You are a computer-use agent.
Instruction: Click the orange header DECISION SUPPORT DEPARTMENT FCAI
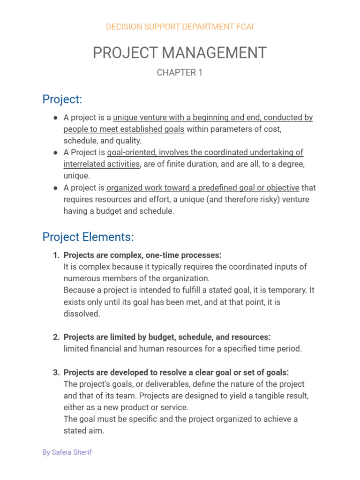coord(180,27)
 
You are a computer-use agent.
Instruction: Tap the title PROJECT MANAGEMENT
coord(180,53)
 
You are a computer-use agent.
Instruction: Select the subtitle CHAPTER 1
coord(180,73)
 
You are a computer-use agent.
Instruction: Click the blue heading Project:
coord(62,99)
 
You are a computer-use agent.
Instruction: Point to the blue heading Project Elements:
coord(88,237)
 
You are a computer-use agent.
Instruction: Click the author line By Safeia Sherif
coord(67,453)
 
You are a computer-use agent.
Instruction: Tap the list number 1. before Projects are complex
coord(56,255)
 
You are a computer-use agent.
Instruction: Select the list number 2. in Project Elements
coord(56,337)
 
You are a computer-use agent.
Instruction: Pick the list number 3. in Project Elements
coord(56,373)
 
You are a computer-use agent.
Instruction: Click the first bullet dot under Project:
coord(56,118)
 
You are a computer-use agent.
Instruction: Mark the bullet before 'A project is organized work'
coord(56,188)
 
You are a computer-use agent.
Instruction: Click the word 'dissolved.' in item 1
coord(82,314)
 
